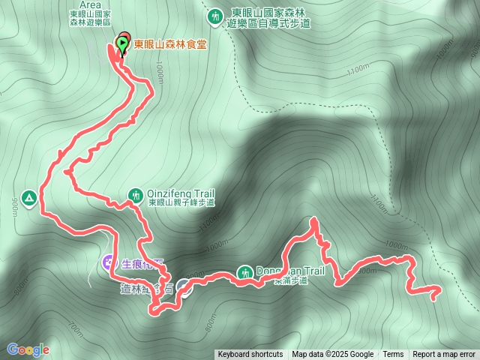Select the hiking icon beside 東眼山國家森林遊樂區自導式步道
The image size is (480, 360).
point(216,16)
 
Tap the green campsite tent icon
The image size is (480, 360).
point(29,198)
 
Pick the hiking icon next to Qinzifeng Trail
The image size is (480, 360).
point(135,194)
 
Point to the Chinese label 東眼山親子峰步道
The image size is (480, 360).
point(181,202)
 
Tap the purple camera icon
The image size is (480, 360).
point(109,262)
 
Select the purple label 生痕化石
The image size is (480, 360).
point(142,263)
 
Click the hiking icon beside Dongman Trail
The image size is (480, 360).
point(245,272)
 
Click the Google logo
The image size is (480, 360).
point(28,349)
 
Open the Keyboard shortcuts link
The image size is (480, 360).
point(250,355)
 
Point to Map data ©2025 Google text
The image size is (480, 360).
point(332,355)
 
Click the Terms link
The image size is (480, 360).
point(393,355)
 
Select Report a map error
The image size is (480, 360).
point(444,355)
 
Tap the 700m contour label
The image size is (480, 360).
point(76,327)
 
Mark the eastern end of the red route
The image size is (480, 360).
point(439,289)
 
